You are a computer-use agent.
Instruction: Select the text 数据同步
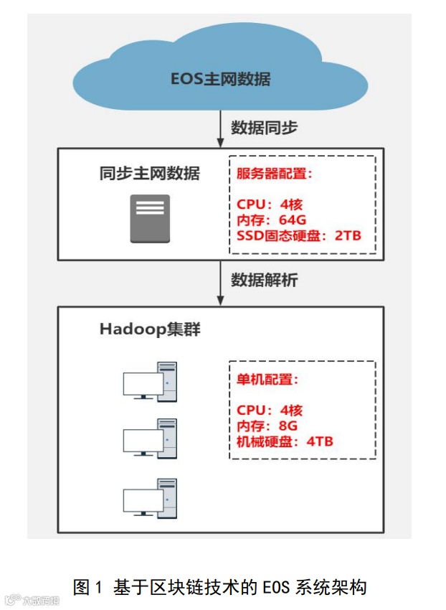click(264, 128)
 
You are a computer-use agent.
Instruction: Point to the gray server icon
click(150, 218)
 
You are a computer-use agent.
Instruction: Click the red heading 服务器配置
click(275, 174)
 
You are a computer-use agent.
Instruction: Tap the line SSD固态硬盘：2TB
click(298, 235)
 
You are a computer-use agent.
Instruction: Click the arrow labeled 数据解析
click(221, 283)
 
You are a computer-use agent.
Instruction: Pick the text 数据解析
click(264, 281)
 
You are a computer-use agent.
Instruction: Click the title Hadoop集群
click(150, 330)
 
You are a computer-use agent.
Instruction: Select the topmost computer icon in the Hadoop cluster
click(149, 381)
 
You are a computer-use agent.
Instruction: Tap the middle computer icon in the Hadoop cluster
click(149, 437)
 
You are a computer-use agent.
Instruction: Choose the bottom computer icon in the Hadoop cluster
click(149, 497)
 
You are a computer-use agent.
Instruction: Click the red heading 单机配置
click(267, 380)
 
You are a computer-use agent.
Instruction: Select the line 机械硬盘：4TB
click(285, 441)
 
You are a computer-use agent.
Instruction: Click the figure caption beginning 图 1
click(220, 587)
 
